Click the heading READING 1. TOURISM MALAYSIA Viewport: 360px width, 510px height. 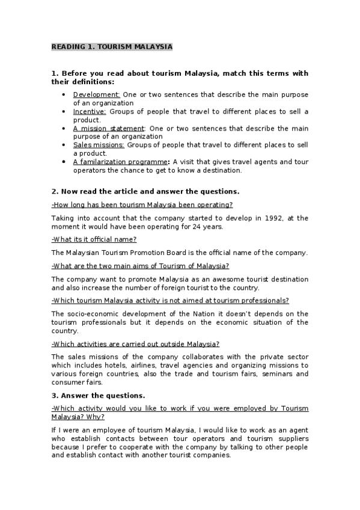coord(112,46)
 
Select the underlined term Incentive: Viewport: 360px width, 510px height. coord(90,111)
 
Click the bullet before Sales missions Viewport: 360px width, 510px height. coord(64,145)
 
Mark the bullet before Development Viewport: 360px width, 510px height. coord(64,94)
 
